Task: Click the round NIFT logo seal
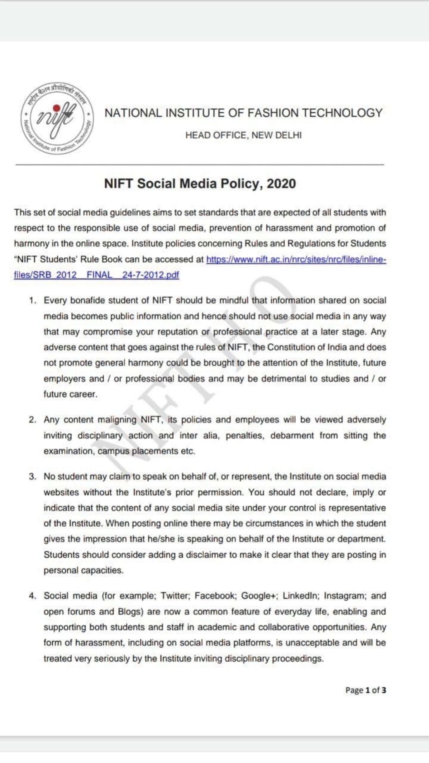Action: (x=57, y=118)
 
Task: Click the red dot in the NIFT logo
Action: (x=56, y=108)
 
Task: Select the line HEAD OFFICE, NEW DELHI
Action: (x=243, y=135)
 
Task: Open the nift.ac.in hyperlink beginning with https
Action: (x=296, y=259)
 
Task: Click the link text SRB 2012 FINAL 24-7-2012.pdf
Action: (x=97, y=275)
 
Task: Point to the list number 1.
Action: (x=32, y=300)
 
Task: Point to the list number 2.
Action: (x=32, y=420)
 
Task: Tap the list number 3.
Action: (x=32, y=477)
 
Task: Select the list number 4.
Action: (x=32, y=596)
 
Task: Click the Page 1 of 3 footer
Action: (x=366, y=690)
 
